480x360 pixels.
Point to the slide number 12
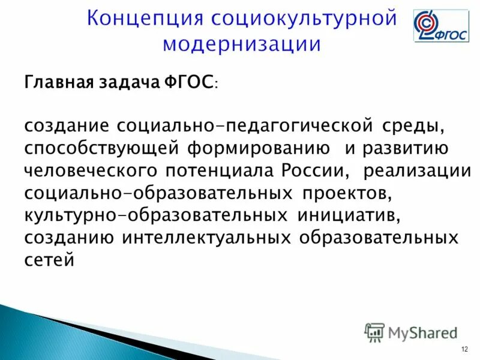[464, 350]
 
